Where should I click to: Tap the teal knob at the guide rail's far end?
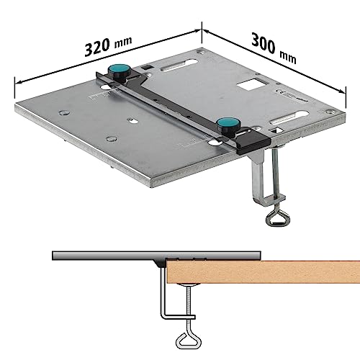[x=117, y=73]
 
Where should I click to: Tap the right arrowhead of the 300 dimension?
[x=339, y=89]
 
